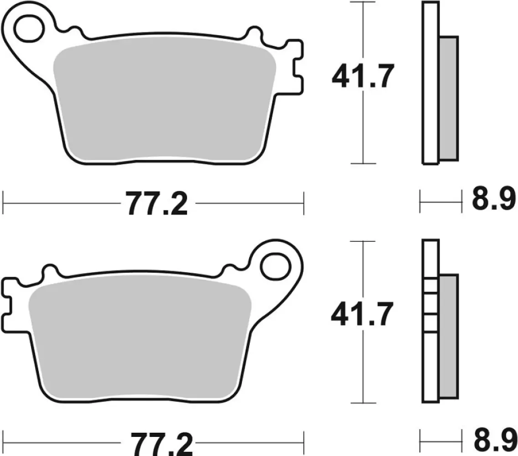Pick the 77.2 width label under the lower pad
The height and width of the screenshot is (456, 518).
tap(155, 442)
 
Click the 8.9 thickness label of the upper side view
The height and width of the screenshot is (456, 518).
tap(493, 201)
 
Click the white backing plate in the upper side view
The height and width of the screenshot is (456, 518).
tap(430, 82)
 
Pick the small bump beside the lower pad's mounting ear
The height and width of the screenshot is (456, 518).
tap(228, 269)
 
